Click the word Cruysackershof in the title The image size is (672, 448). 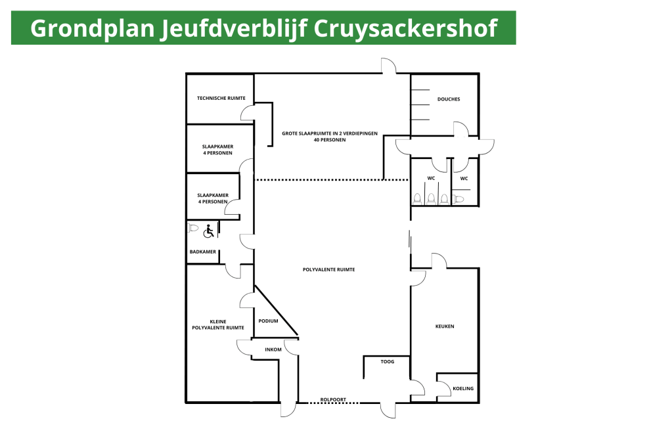point(405,29)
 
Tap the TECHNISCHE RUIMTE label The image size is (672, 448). point(221,98)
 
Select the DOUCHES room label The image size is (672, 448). point(449,99)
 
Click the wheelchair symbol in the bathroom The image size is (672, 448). point(209,231)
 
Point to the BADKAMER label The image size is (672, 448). point(203,252)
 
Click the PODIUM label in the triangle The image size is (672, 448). point(268,321)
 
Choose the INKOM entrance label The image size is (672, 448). point(273,349)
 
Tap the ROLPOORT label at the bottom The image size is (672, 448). point(333,399)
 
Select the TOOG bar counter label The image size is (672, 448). point(388,361)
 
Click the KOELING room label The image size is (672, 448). point(463,388)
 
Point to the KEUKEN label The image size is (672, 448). point(445,326)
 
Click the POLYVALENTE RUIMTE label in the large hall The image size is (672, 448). point(328,270)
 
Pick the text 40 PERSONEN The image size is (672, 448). point(330,140)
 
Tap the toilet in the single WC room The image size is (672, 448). point(458,199)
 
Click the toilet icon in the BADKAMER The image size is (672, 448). point(193,228)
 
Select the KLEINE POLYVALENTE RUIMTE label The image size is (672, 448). point(218,325)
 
